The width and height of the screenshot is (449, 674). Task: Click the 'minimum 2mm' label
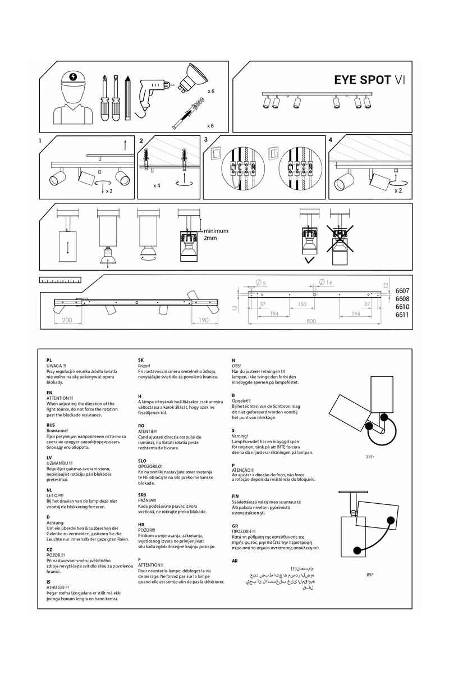(216, 234)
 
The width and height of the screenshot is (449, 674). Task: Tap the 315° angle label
(370, 457)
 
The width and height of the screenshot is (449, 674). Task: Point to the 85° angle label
(370, 575)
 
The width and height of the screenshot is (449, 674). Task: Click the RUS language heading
(50, 425)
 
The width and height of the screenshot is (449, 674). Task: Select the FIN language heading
(236, 496)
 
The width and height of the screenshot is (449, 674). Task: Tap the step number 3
(206, 139)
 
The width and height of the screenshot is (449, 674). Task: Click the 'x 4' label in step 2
(157, 185)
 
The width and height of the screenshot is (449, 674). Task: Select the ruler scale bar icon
(60, 279)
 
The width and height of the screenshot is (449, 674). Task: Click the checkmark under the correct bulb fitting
(308, 260)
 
